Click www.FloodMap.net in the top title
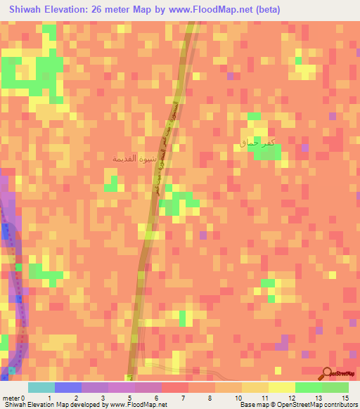tap(212, 9)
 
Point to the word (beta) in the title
tap(274, 9)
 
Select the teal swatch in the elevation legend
tap(41, 387)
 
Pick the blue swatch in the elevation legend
tap(67, 387)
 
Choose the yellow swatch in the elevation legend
tap(281, 387)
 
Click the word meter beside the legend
tap(10, 398)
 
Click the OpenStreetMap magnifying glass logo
tap(328, 374)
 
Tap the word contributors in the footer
tap(340, 405)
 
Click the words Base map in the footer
tap(252, 405)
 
